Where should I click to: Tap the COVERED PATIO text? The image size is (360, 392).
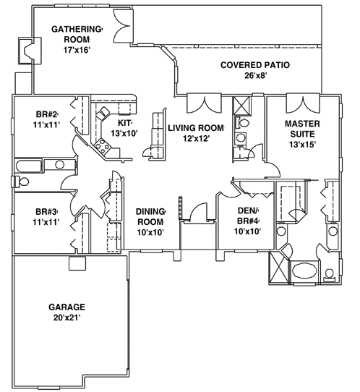[x=254, y=65]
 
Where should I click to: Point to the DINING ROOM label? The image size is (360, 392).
[x=151, y=217]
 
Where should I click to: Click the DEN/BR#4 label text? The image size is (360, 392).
[x=248, y=216]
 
